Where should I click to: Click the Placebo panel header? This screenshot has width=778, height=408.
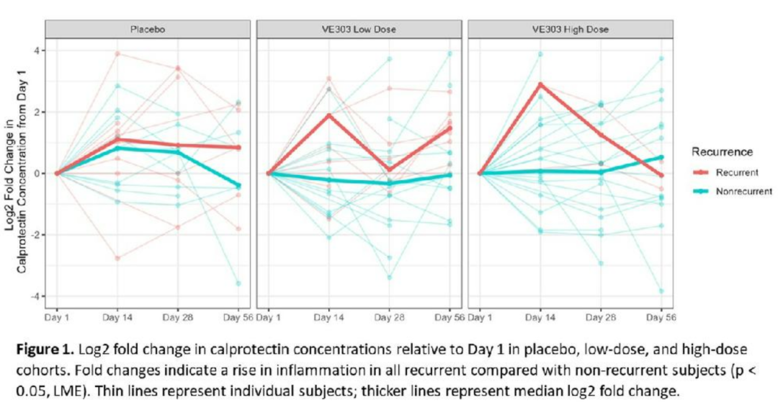click(148, 30)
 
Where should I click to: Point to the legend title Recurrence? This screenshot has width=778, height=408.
click(723, 153)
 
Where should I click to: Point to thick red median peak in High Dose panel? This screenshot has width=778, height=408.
click(540, 84)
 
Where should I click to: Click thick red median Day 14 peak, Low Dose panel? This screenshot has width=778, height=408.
click(328, 115)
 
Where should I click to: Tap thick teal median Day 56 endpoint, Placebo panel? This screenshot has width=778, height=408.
click(238, 186)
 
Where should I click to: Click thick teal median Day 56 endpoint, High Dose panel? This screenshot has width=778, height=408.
click(661, 157)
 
